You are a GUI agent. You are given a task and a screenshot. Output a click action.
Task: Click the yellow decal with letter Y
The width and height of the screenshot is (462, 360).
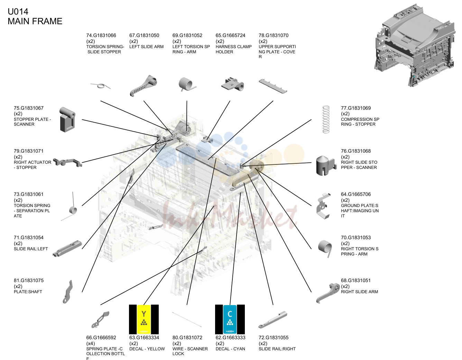[x=144, y=319]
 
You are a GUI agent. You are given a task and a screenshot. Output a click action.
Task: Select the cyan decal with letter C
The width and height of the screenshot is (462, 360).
[x=230, y=319]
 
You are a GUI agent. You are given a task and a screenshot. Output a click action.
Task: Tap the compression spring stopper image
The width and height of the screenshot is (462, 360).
[x=326, y=119]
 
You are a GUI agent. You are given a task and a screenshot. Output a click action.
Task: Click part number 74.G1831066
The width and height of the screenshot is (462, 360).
[x=101, y=35]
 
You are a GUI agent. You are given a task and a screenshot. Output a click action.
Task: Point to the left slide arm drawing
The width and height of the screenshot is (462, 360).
[x=143, y=85]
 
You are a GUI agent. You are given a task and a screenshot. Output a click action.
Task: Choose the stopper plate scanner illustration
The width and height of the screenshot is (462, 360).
[x=67, y=119]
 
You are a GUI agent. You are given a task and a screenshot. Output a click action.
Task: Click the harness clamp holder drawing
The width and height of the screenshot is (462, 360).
[x=232, y=84]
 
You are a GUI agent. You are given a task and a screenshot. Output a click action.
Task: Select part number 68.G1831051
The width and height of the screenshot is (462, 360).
[x=356, y=280]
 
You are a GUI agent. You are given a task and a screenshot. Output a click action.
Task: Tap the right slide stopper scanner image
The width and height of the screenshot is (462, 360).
[x=326, y=166]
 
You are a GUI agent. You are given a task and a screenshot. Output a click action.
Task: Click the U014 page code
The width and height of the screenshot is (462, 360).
[x=18, y=11]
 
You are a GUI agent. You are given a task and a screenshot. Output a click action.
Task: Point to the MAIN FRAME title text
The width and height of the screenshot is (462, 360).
[x=35, y=21]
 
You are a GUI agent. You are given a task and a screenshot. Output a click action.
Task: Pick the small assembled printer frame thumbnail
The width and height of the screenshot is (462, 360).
[x=415, y=45]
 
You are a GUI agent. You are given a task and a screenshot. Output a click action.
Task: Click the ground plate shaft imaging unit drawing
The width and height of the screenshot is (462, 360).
[x=323, y=206]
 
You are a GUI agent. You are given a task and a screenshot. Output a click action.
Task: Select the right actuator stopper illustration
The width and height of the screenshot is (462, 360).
[x=67, y=163]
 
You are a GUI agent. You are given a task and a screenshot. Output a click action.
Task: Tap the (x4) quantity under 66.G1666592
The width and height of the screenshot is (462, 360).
[x=91, y=343]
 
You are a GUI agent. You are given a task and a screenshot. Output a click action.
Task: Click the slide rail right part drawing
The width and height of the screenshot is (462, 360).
[x=273, y=320]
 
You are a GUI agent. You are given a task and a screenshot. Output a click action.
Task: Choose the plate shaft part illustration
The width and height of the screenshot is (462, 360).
[x=68, y=292]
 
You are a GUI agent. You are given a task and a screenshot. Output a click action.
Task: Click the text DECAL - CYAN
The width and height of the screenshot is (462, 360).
[x=230, y=349]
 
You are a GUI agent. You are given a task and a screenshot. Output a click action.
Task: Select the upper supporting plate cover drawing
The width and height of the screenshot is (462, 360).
[x=273, y=86]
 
